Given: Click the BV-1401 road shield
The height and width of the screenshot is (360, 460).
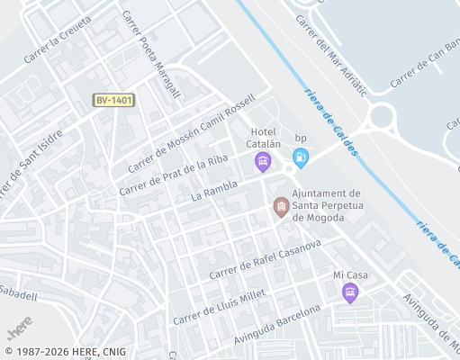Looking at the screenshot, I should (x=113, y=101).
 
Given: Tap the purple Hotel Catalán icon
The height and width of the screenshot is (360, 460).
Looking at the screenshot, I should (x=263, y=162).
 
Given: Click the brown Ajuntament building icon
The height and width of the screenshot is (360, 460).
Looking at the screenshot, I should (x=281, y=208).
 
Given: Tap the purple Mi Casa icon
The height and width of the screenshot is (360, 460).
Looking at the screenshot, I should (x=350, y=292).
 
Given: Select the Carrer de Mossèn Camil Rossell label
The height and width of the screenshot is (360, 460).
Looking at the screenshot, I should (x=192, y=132).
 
